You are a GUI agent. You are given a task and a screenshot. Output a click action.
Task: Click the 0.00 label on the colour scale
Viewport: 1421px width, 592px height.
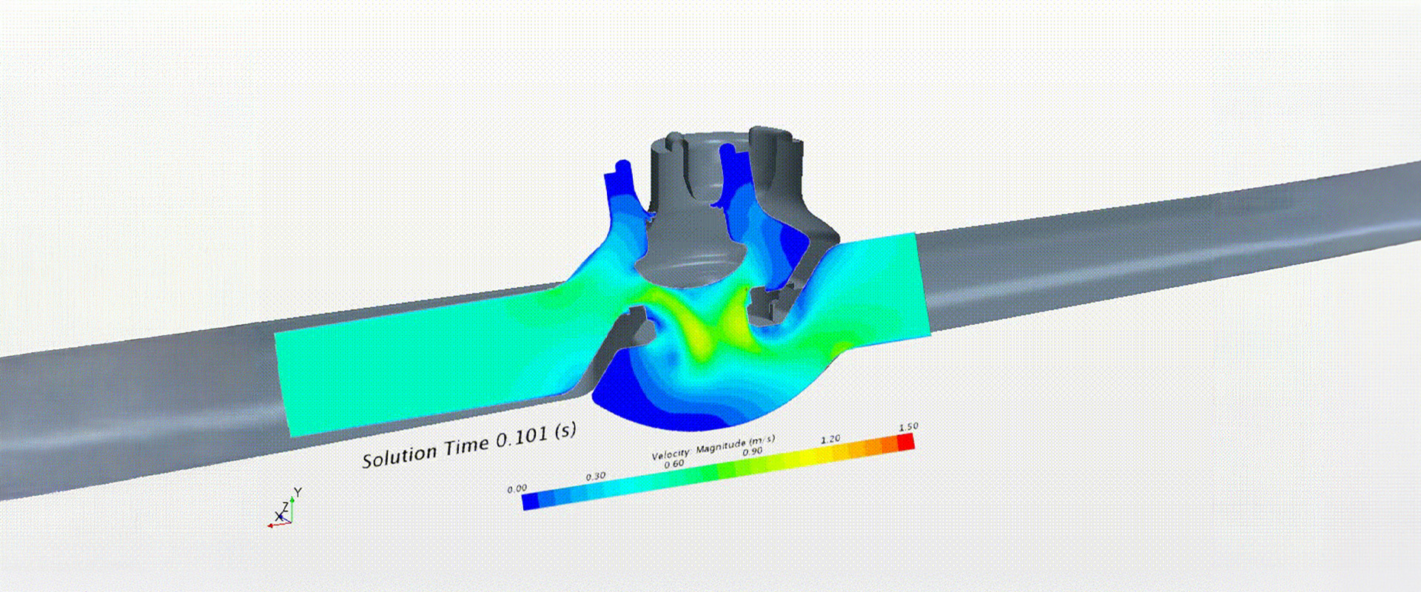(517, 488)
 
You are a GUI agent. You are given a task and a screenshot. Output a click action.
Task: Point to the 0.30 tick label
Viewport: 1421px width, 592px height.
(596, 477)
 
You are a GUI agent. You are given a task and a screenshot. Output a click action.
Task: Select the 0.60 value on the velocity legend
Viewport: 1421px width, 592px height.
(674, 464)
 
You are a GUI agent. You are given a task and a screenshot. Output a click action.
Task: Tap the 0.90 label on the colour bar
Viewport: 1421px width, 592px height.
(753, 451)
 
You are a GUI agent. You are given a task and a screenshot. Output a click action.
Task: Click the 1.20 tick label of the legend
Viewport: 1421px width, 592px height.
(830, 439)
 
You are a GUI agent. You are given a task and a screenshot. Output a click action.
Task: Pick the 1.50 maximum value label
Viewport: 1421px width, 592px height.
(908, 427)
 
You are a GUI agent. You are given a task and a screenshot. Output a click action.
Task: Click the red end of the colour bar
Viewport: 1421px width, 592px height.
(906, 443)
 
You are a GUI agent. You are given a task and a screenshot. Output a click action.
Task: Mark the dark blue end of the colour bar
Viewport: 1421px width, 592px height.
(531, 502)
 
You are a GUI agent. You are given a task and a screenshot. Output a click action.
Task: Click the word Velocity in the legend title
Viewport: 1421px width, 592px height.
(671, 453)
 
